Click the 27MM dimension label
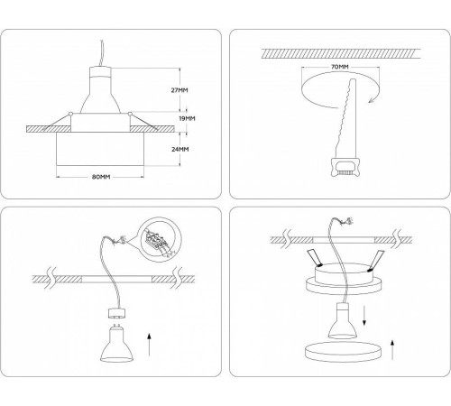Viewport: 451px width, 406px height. tap(181, 90)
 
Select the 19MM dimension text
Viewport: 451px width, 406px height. tap(186, 118)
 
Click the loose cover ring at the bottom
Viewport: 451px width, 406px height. tap(338, 355)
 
